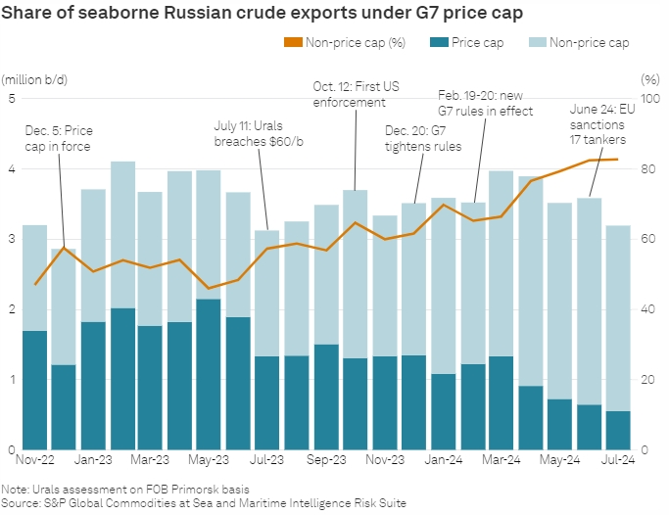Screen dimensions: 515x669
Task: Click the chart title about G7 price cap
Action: tap(257, 13)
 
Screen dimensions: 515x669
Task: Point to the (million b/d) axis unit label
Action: tap(35, 78)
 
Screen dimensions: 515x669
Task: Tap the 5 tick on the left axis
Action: tap(11, 98)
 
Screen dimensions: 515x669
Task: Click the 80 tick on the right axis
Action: tap(647, 168)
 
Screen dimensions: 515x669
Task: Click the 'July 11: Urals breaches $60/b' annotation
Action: tap(258, 133)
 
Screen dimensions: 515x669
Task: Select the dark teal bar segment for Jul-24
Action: tap(617, 430)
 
